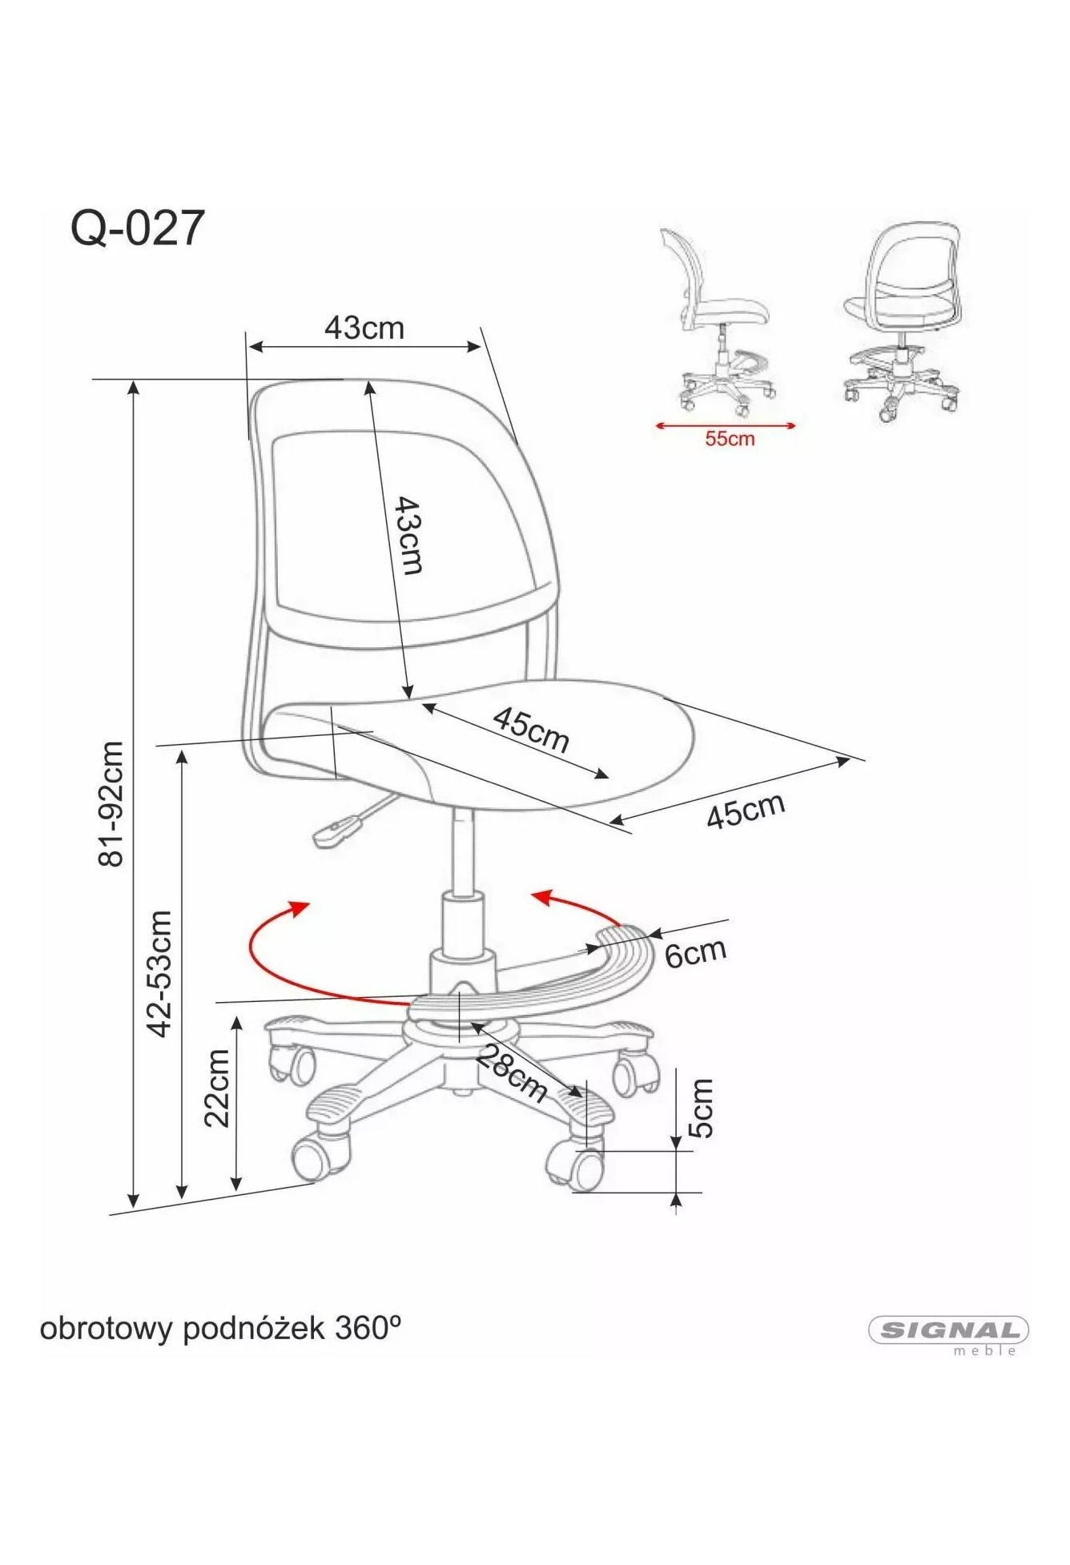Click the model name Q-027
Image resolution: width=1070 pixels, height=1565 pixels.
point(139,228)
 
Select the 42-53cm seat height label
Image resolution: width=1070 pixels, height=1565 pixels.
point(160,974)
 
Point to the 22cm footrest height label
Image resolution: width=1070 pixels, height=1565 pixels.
point(216,1088)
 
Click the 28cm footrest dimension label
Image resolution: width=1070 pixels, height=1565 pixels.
point(513,1074)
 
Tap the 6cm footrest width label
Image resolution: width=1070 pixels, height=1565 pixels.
point(695,951)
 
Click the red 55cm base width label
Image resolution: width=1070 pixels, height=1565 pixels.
point(729,438)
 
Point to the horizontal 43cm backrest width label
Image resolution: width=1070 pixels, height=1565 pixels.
point(364,328)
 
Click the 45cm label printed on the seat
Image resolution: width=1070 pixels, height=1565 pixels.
point(531,730)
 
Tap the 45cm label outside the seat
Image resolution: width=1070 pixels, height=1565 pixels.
point(746,811)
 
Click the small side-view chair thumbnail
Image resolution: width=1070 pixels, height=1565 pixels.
point(717,322)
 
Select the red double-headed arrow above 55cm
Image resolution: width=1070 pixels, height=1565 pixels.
point(726,425)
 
